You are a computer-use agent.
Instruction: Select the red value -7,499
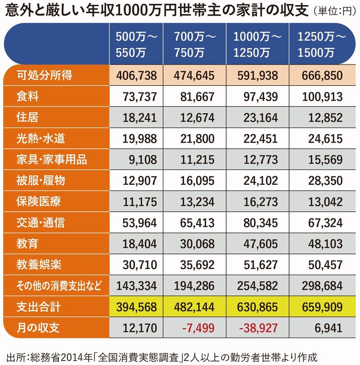pos(199,328)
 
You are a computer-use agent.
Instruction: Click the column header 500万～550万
pos(137,44)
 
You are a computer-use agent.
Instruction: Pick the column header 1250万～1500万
pos(322,44)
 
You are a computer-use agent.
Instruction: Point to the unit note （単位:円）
pos(335,11)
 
